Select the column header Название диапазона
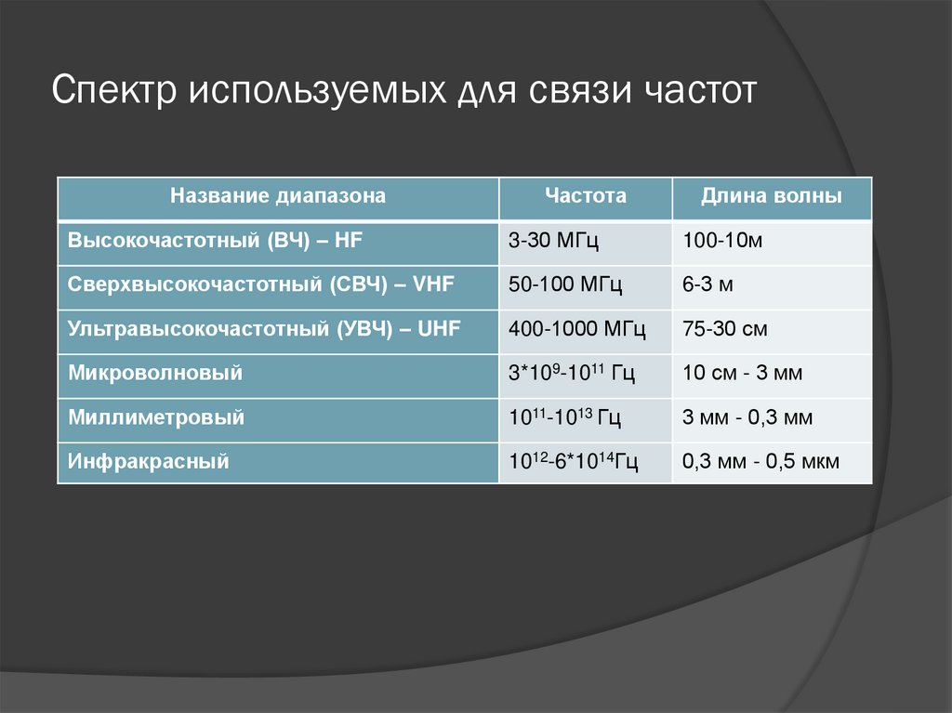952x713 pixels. [277, 196]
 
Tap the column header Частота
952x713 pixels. [586, 196]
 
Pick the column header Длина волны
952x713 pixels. [772, 196]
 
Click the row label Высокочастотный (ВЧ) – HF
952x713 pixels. [215, 241]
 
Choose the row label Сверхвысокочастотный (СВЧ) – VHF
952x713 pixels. [260, 284]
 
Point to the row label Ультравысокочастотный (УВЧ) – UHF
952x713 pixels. [264, 328]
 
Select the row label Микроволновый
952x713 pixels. [155, 373]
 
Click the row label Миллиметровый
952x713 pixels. [156, 417]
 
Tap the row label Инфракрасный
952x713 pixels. [149, 461]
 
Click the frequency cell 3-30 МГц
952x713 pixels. [553, 241]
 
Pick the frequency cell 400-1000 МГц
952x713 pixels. [577, 328]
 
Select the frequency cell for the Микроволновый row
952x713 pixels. [571, 373]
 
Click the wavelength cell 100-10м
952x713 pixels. [722, 241]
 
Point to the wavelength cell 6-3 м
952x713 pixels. [707, 284]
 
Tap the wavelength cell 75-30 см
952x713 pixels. [724, 328]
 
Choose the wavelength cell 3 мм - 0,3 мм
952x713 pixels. [747, 417]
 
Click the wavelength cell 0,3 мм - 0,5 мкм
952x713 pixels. [760, 461]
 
